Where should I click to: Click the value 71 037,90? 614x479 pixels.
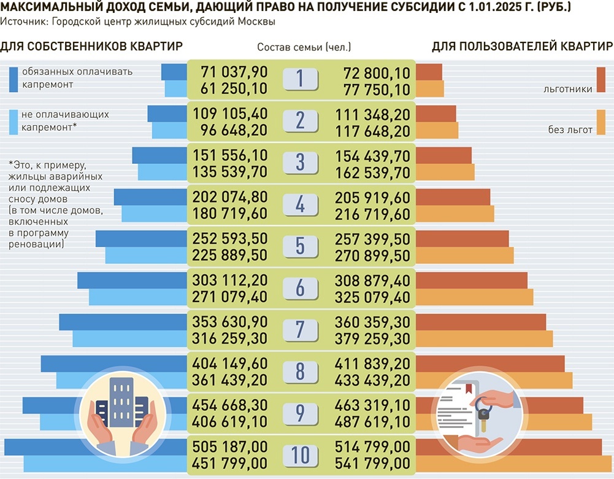click(x=230, y=72)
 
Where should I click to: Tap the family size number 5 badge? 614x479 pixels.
click(x=300, y=246)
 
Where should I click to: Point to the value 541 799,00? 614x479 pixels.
click(x=372, y=462)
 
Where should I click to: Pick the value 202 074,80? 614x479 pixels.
click(x=230, y=198)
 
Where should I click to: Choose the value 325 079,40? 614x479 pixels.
click(x=372, y=297)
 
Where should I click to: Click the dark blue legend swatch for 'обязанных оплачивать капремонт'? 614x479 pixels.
click(x=13, y=79)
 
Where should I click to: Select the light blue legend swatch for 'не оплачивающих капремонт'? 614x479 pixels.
click(x=13, y=122)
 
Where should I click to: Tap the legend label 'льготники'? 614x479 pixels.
click(x=567, y=89)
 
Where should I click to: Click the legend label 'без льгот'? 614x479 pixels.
click(x=570, y=130)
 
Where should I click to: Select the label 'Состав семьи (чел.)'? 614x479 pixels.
click(x=304, y=47)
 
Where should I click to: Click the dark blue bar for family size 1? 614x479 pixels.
click(x=174, y=72)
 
